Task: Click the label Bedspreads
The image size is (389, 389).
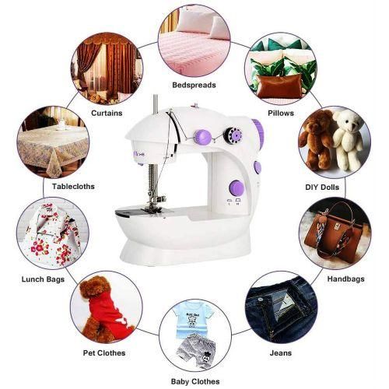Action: point(194,85)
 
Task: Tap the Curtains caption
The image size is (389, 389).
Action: point(107,113)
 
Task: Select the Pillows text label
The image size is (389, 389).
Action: point(281,113)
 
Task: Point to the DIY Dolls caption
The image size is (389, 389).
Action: point(322,187)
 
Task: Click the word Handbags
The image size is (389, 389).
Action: point(345,279)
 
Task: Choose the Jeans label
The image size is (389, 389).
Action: point(281,353)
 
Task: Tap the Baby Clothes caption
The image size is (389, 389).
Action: point(195,381)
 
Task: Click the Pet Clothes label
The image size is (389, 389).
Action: point(104,353)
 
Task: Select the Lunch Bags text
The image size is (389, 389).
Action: point(43,279)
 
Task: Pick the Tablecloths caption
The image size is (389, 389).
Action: point(73,187)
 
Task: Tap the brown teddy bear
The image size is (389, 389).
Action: point(317,138)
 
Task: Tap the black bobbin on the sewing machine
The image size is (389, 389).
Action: point(233,135)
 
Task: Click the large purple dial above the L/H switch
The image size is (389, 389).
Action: point(237,187)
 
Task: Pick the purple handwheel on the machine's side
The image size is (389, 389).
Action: point(258,135)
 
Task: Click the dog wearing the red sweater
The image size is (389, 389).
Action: point(103,309)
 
